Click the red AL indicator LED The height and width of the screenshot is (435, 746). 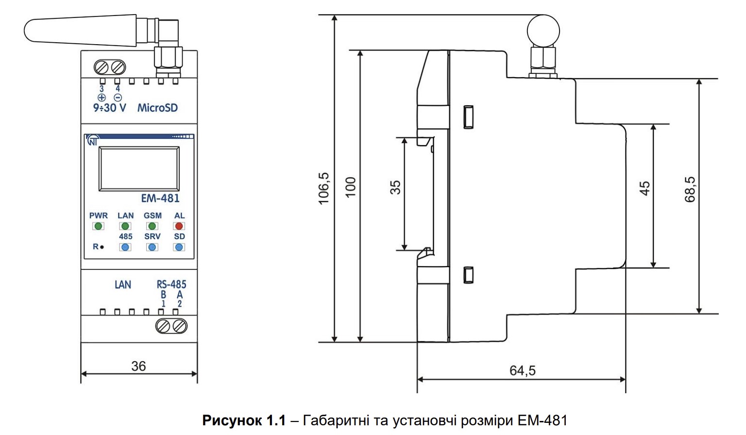(179, 226)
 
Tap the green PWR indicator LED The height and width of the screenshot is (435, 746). (98, 226)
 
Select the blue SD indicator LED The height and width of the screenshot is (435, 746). (179, 247)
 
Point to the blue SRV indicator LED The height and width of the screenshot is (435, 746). (152, 247)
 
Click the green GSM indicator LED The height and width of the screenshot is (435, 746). (152, 226)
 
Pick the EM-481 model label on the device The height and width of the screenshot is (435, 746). (160, 199)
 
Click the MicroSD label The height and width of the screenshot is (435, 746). (157, 108)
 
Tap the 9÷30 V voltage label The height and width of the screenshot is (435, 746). (110, 108)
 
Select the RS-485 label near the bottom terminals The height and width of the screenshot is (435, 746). (171, 284)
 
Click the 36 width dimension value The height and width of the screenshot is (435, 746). (138, 366)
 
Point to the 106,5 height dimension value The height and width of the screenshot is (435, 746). (323, 188)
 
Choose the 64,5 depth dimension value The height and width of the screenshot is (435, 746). (523, 370)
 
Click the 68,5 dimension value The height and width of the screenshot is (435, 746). (690, 189)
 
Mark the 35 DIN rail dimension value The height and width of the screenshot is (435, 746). (395, 187)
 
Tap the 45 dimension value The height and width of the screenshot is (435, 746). (645, 188)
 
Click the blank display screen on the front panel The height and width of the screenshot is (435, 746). (139, 169)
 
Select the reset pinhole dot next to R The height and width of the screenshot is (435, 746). (102, 247)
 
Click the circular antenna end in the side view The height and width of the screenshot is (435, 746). (543, 31)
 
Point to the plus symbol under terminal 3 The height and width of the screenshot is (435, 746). (102, 98)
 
